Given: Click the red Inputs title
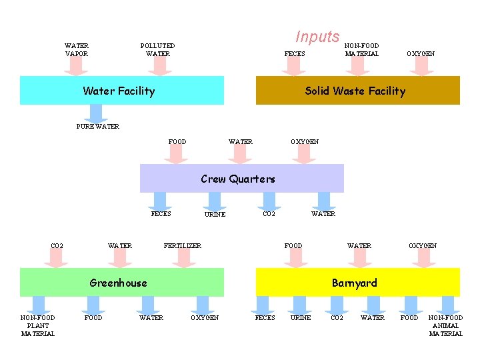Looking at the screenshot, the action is pos(317,37).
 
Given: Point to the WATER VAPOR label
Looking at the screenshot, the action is pos(77,50).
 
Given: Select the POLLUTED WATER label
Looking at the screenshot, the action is pos(158,50).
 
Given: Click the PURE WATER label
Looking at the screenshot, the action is pos(98,127).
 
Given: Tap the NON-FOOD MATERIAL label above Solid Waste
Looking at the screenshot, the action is pos(362,50).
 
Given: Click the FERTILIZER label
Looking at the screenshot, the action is pos(183,246).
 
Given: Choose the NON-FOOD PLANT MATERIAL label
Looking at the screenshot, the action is pos(38,325).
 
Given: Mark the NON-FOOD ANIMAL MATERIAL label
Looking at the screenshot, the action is pos(445,325).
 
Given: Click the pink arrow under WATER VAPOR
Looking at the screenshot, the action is pos(76,65).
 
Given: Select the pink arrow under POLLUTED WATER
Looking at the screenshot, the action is pos(159,65).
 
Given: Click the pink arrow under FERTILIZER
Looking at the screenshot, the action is pos(183,259).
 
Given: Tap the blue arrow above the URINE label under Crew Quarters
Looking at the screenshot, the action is pos(214,201).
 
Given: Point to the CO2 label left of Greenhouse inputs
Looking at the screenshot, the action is pos(57,246).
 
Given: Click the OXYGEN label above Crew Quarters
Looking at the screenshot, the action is pos(305,141).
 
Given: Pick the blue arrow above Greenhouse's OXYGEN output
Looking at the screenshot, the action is pos(204,304).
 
